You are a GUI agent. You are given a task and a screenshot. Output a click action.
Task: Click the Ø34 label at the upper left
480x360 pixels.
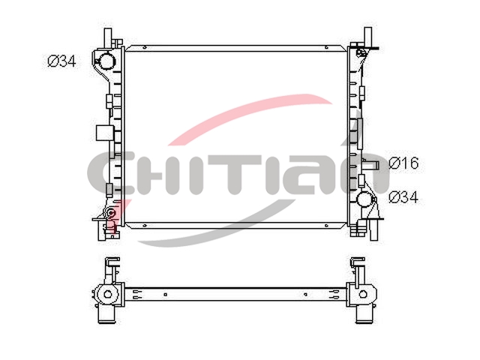pos(61,61)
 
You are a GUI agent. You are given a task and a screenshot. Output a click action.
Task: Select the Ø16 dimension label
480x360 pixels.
pos(403,163)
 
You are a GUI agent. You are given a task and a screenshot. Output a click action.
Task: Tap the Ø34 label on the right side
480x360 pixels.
pos(403,197)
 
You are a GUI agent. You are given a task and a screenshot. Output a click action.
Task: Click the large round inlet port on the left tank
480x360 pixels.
pos(106,60)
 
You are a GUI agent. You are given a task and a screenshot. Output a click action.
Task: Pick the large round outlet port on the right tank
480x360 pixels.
pos(365,199)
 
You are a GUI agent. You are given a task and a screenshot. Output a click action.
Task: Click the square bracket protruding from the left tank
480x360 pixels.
pos(105,133)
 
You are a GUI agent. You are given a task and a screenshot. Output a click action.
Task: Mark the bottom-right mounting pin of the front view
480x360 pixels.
pos(373,230)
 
